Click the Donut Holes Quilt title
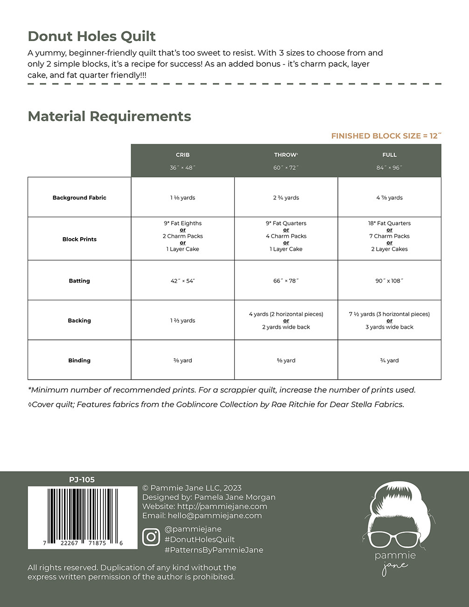(x=91, y=36)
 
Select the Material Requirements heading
(x=109, y=116)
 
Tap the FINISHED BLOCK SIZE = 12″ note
(x=386, y=136)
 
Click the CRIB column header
(x=182, y=155)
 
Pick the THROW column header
(x=286, y=155)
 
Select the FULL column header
(x=389, y=155)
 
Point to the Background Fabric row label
(x=79, y=198)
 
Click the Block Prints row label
(x=79, y=239)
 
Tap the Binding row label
(x=79, y=360)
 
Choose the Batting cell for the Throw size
(x=286, y=281)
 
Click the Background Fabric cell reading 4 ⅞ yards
(x=389, y=198)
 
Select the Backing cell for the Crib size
(x=182, y=321)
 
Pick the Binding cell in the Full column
(x=389, y=360)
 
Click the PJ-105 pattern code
(x=82, y=480)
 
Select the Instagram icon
(x=151, y=537)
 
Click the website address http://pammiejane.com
(x=222, y=506)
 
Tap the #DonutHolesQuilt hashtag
(x=199, y=539)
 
